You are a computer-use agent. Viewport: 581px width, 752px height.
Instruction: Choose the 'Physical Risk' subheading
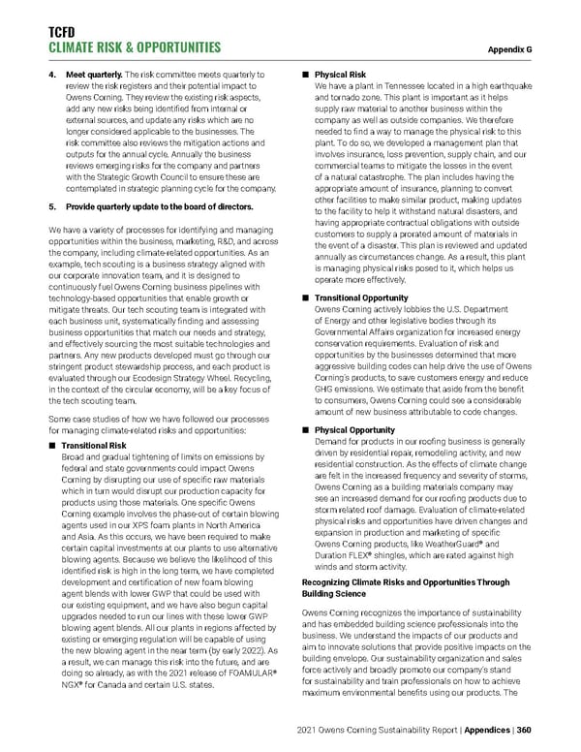coord(340,73)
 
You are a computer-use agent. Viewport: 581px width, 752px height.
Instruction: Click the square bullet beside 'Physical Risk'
coord(306,73)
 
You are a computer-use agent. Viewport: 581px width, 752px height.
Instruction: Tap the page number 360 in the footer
coord(552,731)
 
